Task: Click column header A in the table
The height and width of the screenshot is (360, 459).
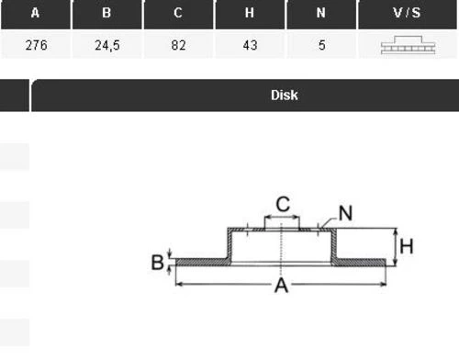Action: [35, 13]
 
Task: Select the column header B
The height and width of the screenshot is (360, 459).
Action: [106, 13]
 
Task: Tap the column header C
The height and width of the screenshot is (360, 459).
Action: [178, 13]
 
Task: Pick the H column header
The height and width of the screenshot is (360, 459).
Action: [250, 13]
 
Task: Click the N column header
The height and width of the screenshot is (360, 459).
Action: [321, 13]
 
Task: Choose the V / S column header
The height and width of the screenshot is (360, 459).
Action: [407, 13]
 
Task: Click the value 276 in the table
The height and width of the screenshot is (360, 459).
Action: [37, 45]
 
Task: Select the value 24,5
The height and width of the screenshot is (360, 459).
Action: [107, 45]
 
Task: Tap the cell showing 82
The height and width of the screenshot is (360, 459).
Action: [178, 45]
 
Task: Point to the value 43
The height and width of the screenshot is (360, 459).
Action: [250, 45]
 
